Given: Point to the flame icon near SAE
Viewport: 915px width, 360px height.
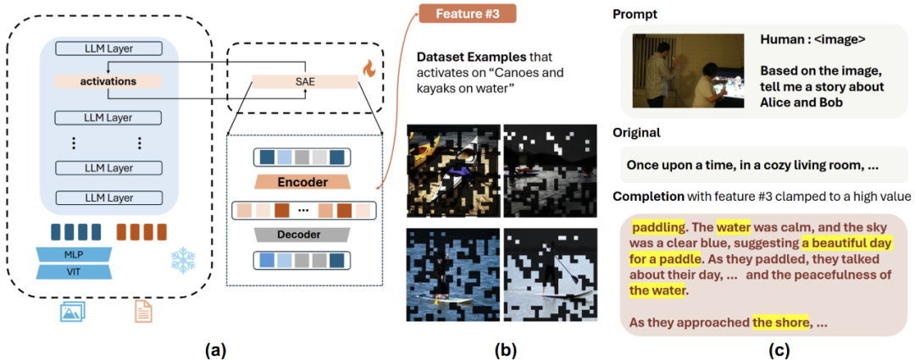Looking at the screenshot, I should (x=369, y=68).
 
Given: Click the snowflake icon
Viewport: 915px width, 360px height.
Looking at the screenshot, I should (x=184, y=260).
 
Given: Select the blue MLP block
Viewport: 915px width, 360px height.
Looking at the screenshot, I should (x=75, y=254).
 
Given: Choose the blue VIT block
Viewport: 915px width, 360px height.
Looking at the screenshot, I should (x=75, y=272).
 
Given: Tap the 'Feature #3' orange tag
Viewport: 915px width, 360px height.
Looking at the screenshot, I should (x=467, y=14).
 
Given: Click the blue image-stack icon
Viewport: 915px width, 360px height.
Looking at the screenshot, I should (x=73, y=313).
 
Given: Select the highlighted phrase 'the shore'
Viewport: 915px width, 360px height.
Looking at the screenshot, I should (x=781, y=323).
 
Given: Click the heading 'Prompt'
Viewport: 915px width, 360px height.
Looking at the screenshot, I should (x=635, y=15).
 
